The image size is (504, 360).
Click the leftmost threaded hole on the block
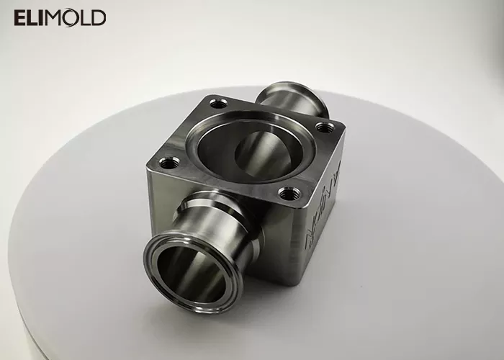click(168, 164)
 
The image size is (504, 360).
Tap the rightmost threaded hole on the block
click(328, 130)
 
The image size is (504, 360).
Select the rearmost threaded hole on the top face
click(219, 104)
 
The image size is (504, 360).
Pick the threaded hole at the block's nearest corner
click(289, 193)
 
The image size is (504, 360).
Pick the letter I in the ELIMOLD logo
click(43, 17)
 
